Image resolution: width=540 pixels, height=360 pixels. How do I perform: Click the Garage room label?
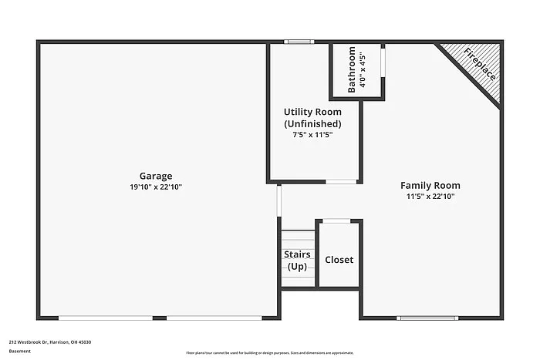tap(156, 176)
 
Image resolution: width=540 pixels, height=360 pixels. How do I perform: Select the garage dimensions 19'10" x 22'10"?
tap(156, 187)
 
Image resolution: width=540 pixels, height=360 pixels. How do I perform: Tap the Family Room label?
tap(430, 185)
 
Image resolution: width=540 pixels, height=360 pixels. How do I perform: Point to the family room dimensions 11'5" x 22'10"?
tap(430, 197)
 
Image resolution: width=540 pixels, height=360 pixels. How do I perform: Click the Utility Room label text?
tap(312, 112)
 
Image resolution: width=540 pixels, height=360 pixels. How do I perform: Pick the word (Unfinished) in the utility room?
tap(312, 123)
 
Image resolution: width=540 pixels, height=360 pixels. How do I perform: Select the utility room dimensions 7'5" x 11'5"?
tap(312, 135)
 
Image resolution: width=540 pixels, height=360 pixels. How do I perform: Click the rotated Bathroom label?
tap(352, 70)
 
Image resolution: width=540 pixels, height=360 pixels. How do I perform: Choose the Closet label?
tap(339, 260)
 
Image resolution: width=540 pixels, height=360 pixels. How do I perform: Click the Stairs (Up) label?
tap(298, 261)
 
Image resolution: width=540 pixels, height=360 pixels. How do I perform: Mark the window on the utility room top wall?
tap(299, 42)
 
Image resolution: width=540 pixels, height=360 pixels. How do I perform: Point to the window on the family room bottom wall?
tap(427, 318)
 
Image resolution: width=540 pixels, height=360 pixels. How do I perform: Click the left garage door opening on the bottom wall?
tap(111, 318)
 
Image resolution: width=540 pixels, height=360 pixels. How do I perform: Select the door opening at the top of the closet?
tap(336, 221)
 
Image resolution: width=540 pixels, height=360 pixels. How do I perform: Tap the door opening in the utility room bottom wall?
tap(341, 182)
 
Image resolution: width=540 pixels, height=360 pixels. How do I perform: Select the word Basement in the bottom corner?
tap(21, 352)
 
